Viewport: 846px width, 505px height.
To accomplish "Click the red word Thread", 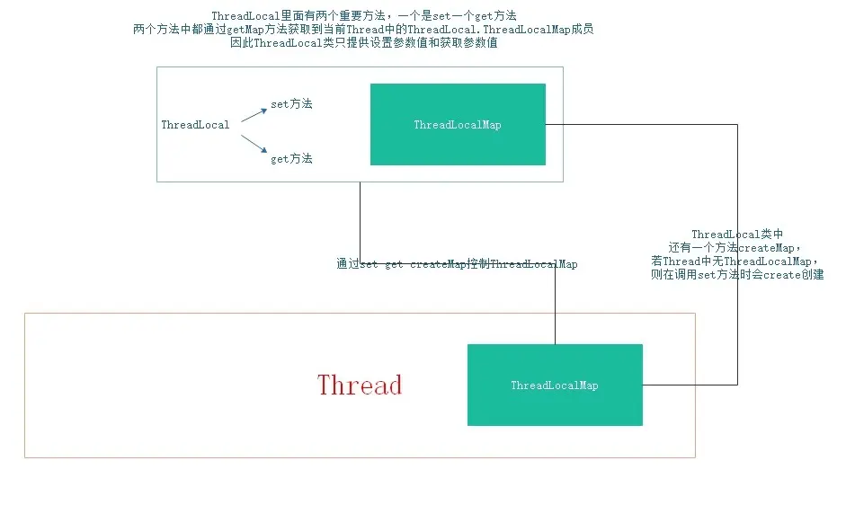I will coord(360,385).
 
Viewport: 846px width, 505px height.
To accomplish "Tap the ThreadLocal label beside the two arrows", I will coord(195,125).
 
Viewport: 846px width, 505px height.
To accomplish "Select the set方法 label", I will coord(291,104).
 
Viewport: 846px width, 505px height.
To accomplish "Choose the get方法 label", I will coord(291,159).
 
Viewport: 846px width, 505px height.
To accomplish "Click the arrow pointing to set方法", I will coord(254,113).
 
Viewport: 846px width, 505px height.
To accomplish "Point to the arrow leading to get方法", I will coord(254,144).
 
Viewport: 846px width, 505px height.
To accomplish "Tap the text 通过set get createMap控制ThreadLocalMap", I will coord(457,264).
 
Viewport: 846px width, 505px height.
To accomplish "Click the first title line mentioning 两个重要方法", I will coord(363,17).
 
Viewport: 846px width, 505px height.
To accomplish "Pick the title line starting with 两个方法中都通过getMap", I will coord(363,30).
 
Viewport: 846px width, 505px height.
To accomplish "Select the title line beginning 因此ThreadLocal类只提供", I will coord(363,43).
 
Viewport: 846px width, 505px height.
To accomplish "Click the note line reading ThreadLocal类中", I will coord(737,235).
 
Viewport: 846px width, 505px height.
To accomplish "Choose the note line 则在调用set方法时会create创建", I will coord(736,275).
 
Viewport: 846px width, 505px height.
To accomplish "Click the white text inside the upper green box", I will coord(458,125).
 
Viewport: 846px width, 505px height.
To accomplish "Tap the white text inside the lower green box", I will coord(555,385).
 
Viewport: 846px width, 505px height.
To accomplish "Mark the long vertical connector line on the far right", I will coord(738,180).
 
